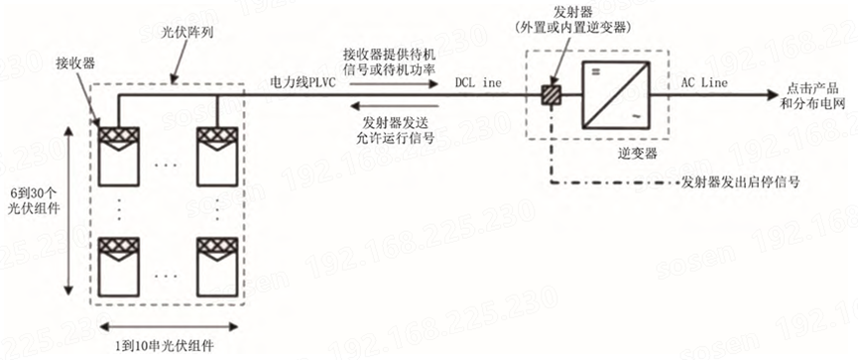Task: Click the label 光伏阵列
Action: [x=187, y=33]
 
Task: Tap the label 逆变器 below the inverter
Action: [x=618, y=155]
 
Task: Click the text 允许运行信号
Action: [x=401, y=140]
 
